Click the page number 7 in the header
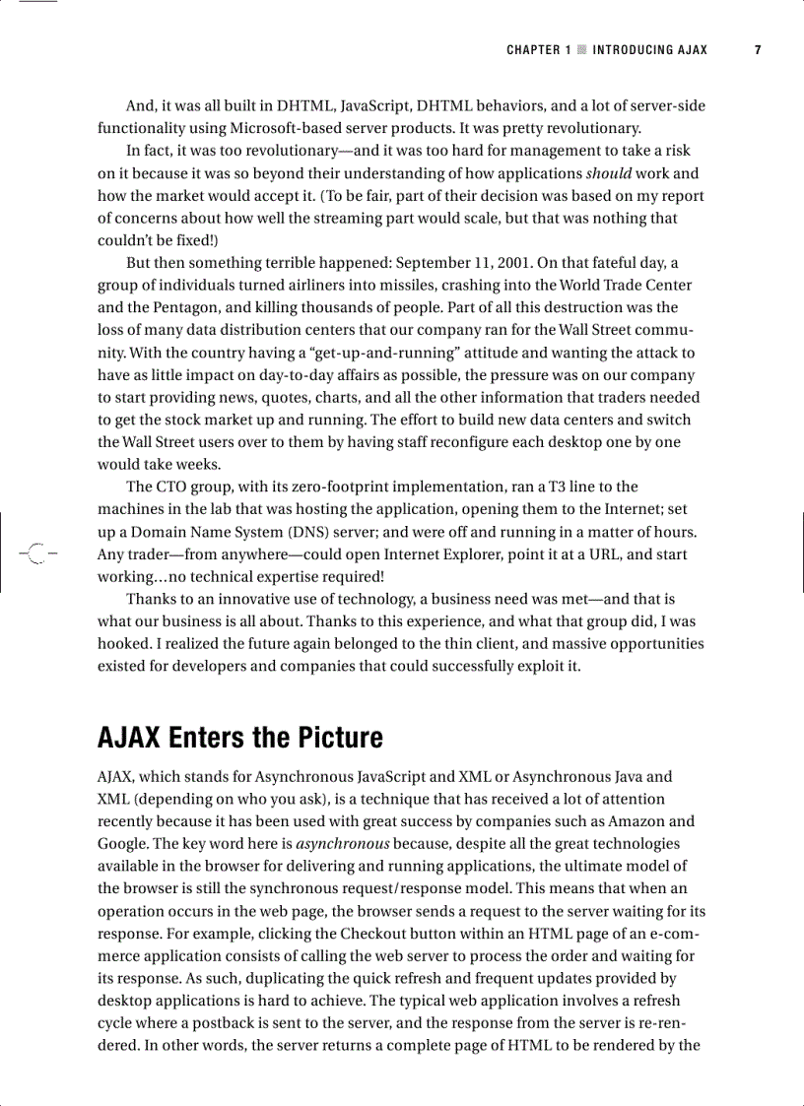[x=758, y=50]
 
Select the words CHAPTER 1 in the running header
[x=538, y=50]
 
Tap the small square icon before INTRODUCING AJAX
[x=581, y=50]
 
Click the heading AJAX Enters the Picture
[x=239, y=737]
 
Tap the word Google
[x=122, y=844]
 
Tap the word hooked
[x=122, y=644]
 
